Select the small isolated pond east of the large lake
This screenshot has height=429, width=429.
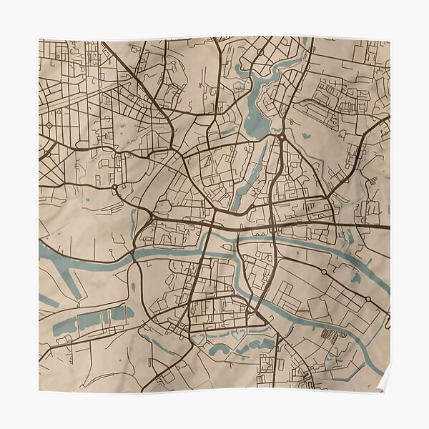[306, 134]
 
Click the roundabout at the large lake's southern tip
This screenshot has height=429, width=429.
[282, 136]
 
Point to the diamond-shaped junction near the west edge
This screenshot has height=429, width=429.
[49, 124]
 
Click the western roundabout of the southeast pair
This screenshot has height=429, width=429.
[323, 272]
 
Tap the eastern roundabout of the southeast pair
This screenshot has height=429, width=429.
[368, 299]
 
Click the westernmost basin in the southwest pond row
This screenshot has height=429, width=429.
[65, 326]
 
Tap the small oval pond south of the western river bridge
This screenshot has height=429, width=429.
[133, 287]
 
